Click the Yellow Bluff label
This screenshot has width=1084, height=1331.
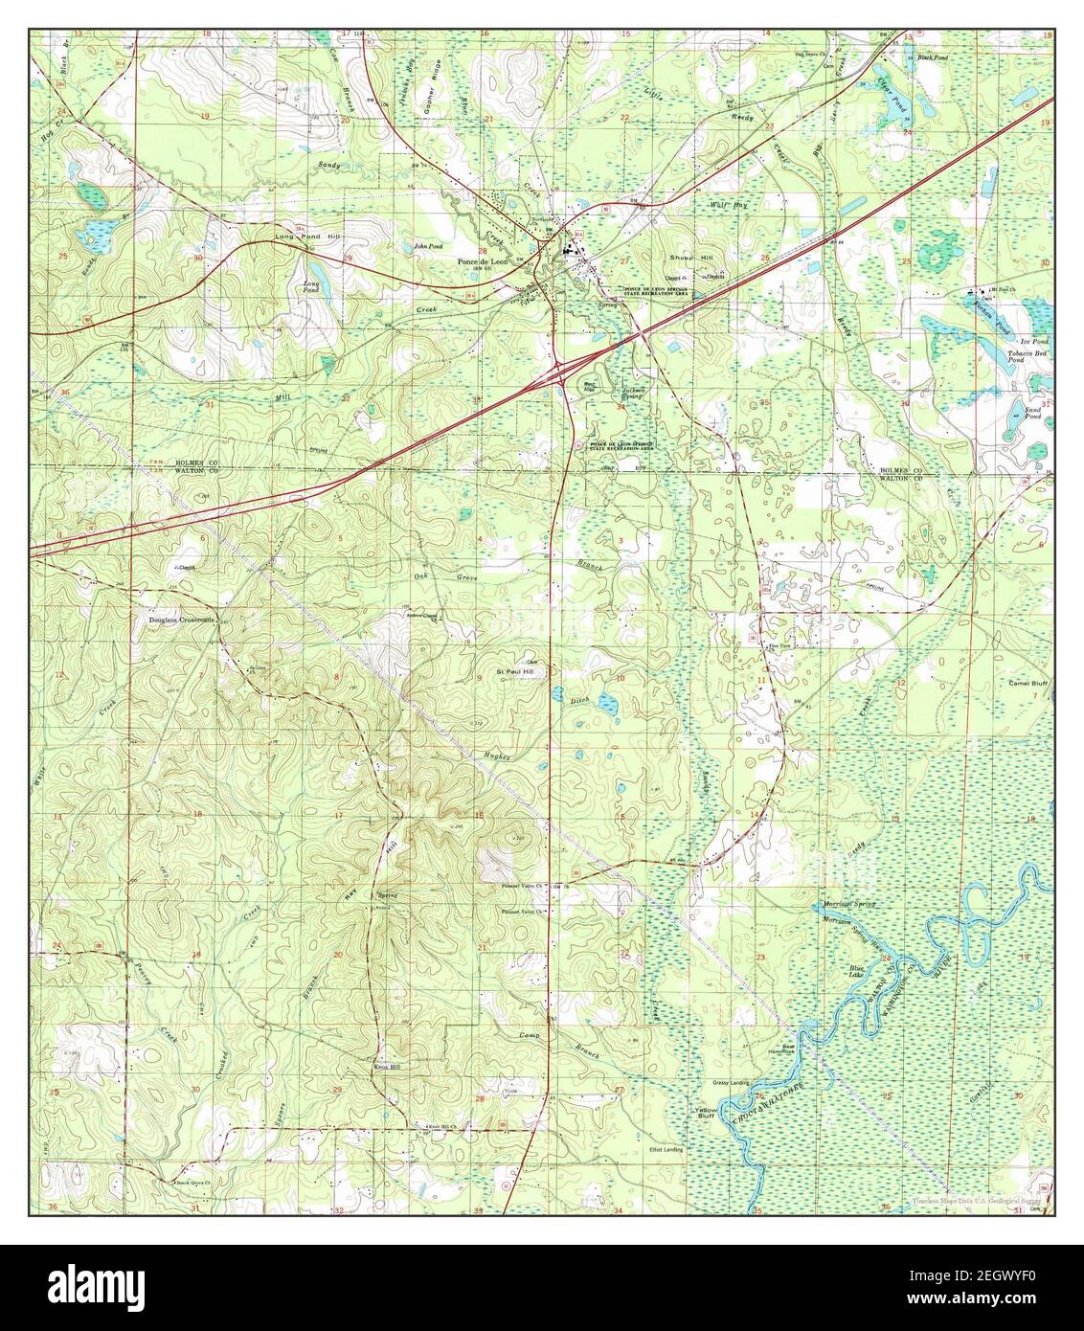coord(706,1113)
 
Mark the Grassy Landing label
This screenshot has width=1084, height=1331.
coord(730,1083)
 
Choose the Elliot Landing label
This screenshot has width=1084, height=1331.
coord(666,1148)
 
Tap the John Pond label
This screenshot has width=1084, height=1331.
coord(428,246)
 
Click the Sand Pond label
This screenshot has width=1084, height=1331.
coord(1032,414)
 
